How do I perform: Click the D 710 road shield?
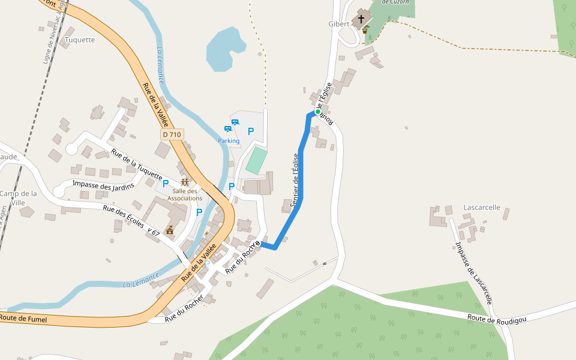(x=172, y=135)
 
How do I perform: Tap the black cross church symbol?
(x=361, y=19)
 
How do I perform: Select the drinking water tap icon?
(x=365, y=29)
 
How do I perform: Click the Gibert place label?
(x=338, y=24)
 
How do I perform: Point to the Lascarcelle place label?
(x=482, y=208)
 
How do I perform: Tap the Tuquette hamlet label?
(x=80, y=40)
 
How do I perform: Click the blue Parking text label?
(x=229, y=141)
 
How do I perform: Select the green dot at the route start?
(x=318, y=112)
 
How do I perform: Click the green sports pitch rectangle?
(x=257, y=160)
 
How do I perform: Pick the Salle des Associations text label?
(x=185, y=194)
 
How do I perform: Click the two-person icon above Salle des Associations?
(x=185, y=182)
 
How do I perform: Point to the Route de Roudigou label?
(x=497, y=319)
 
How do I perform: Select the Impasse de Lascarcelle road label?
(x=474, y=272)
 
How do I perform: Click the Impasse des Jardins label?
(x=102, y=184)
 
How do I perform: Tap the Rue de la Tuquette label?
(x=137, y=164)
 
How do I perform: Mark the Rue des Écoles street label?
(x=123, y=217)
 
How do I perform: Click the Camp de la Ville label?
(x=18, y=198)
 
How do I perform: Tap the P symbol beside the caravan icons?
(x=251, y=131)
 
